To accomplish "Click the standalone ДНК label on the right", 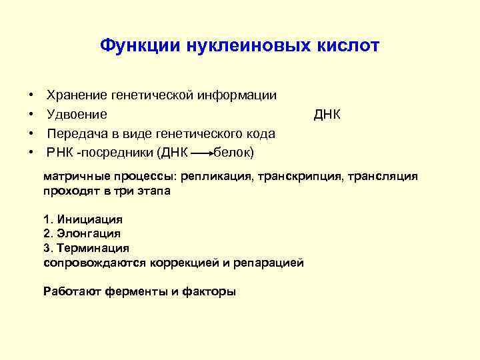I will pos(327,115).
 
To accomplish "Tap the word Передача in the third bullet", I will pos(75,134).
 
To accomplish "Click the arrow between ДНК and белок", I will pos(202,153).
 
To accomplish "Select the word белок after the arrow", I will pos(232,153).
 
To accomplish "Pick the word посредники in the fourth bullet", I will pos(119,153).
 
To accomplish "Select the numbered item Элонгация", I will pos(89,234).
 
